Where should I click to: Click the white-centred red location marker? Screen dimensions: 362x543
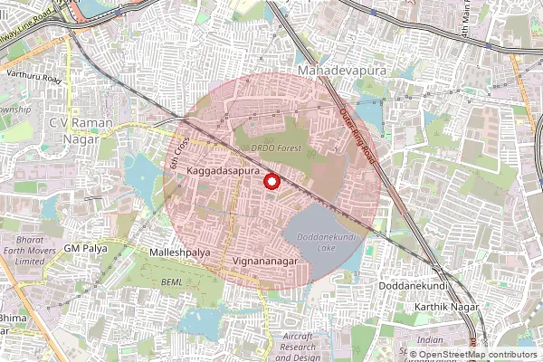(x=271, y=182)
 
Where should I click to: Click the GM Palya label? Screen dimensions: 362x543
(x=87, y=248)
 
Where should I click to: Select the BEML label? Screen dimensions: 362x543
(x=171, y=283)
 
